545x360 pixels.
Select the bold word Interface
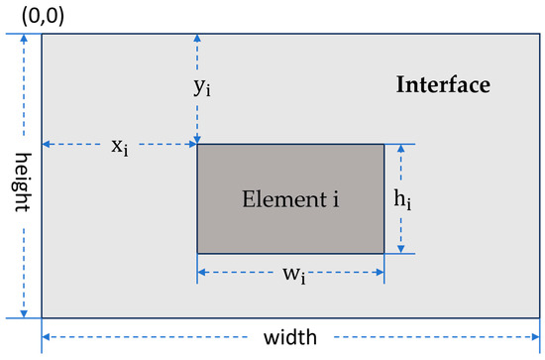pos(443,84)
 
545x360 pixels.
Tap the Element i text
pos(290,199)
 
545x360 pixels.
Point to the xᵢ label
pos(119,147)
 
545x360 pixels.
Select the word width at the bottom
pos(290,337)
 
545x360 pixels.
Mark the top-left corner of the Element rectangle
pos(197,145)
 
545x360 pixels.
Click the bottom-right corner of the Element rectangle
pos(383,253)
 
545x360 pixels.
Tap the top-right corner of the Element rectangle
pos(383,145)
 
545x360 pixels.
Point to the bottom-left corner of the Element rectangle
pos(197,253)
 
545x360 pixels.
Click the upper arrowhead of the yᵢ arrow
pos(198,38)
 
